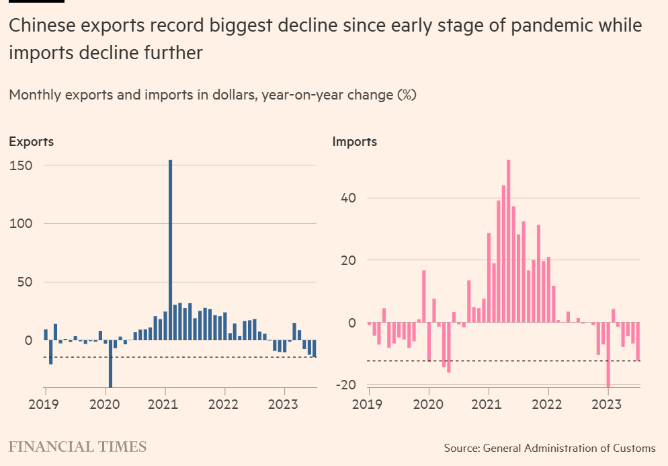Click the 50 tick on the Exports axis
point(25,282)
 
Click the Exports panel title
point(31,142)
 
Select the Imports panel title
point(355,142)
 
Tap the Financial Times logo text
point(77,446)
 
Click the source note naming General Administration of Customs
point(549,448)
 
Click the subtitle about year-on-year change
point(212,95)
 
